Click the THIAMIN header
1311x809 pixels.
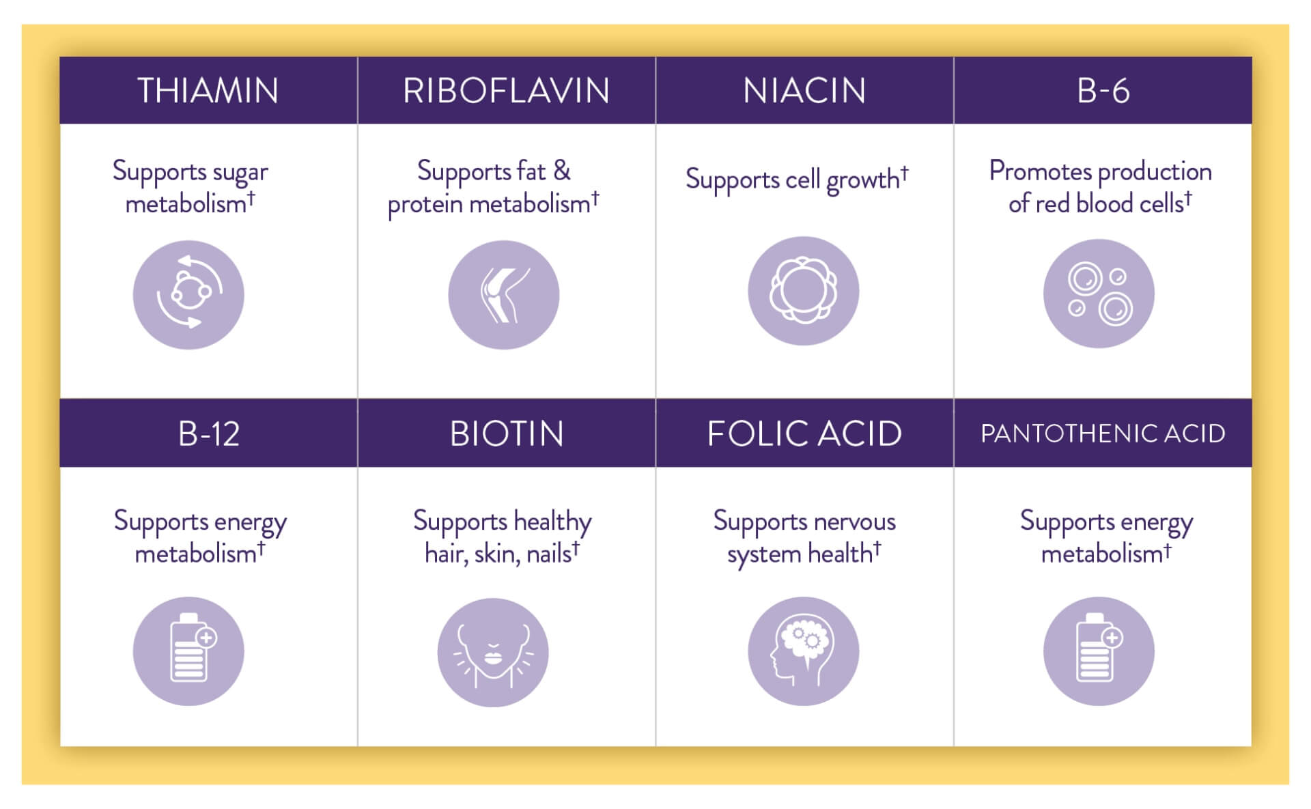[x=208, y=90]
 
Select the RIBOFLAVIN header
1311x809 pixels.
[x=506, y=90]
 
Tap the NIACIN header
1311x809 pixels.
[x=804, y=90]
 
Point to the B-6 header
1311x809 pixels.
[x=1103, y=90]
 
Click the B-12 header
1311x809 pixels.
[x=209, y=433]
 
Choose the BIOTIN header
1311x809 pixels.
[x=507, y=433]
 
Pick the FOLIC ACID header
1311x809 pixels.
[x=804, y=433]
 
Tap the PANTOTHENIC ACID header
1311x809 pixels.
[x=1103, y=433]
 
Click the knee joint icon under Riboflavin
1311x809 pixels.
[x=504, y=295]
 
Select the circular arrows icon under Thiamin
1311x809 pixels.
[x=188, y=295]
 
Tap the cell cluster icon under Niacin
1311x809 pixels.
[x=804, y=291]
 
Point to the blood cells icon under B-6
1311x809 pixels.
[x=1099, y=294]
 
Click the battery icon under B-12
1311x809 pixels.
[x=188, y=651]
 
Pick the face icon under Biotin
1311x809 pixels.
[x=493, y=653]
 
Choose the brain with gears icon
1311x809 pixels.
[x=804, y=651]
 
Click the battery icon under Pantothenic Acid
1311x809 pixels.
[x=1099, y=651]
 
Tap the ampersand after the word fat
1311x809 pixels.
[x=562, y=170]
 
